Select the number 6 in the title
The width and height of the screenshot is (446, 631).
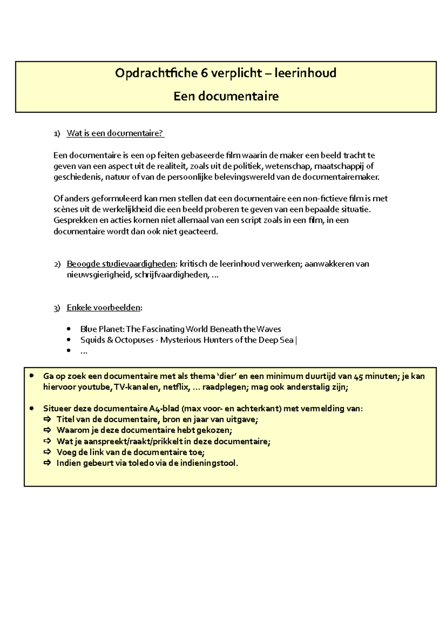click(x=204, y=73)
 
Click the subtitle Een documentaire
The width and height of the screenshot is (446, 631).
click(x=226, y=96)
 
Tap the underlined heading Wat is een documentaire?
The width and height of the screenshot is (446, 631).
click(x=115, y=133)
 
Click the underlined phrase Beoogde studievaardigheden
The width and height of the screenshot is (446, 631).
click(x=121, y=264)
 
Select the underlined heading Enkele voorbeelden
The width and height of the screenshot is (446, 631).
click(x=104, y=308)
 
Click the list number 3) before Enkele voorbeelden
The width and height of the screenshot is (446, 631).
click(x=56, y=308)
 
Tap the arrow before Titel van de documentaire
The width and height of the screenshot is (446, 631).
click(x=47, y=420)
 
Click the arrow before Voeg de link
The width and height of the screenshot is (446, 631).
click(x=47, y=452)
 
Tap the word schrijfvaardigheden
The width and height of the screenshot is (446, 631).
click(x=171, y=275)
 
